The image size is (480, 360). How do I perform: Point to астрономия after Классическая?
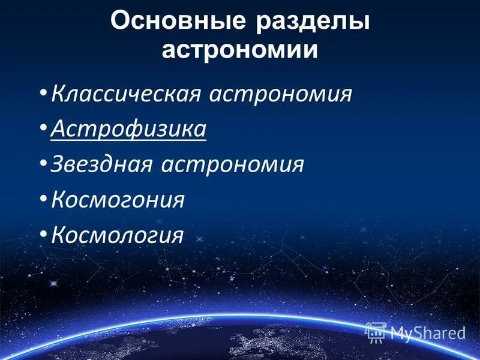tap(280, 94)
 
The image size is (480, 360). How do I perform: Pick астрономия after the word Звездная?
tap(232, 164)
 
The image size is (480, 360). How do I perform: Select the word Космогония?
tap(118, 199)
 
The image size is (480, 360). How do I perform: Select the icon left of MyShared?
tap(376, 332)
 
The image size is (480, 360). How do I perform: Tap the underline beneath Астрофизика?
tap(129, 140)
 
